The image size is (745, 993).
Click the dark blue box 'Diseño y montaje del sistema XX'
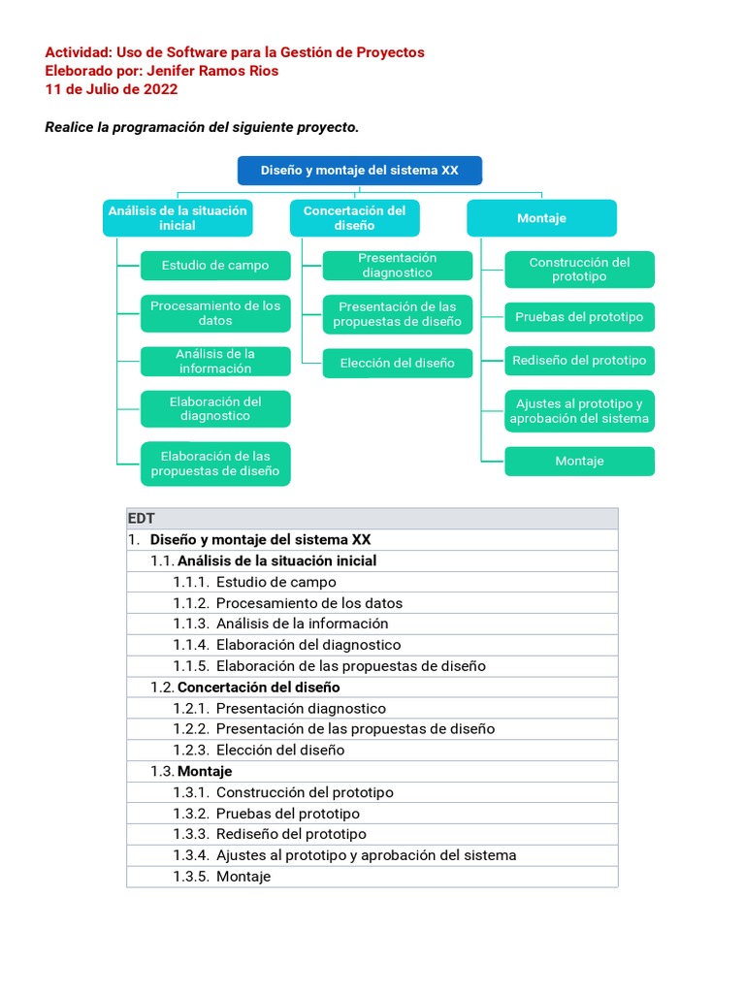[360, 171]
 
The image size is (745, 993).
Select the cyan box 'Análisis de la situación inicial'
[178, 218]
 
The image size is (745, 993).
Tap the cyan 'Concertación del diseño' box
[354, 218]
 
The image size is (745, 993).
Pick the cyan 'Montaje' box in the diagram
[541, 218]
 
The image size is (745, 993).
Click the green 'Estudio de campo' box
[215, 266]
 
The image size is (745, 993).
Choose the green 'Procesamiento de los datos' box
[215, 313]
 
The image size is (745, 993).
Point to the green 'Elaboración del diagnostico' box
[215, 408]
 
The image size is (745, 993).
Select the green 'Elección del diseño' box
[398, 364]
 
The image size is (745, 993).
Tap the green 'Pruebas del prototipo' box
[579, 317]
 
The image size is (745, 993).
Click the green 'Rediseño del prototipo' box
[579, 361]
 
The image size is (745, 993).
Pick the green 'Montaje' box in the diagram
[579, 462]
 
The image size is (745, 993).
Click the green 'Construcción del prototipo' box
[579, 270]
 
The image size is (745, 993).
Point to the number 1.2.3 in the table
[191, 750]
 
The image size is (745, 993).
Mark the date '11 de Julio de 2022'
[112, 89]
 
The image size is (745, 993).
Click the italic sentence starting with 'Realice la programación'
[202, 128]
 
